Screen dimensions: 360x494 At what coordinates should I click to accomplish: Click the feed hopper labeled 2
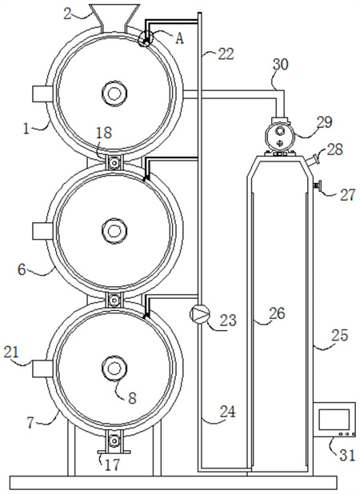tap(114, 18)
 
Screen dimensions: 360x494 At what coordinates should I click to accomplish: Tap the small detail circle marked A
tap(146, 38)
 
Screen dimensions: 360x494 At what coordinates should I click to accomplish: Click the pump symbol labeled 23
tap(199, 313)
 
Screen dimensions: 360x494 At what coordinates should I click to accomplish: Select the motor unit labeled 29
tap(279, 136)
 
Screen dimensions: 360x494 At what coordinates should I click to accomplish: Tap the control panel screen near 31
tap(334, 420)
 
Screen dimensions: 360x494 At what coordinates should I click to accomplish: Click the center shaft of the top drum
tap(114, 93)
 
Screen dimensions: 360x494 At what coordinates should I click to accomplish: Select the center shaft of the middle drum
tap(114, 231)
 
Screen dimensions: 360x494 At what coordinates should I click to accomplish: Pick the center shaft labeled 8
tap(114, 369)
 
